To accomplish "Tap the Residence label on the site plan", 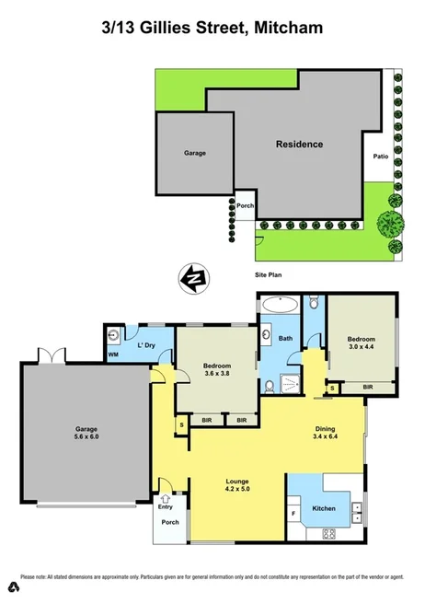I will [299, 145].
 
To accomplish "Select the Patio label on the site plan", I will [380, 157].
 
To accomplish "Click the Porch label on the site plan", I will [245, 206].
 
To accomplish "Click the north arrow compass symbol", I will [194, 277].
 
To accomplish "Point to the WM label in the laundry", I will [113, 354].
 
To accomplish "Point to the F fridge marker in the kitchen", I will [293, 512].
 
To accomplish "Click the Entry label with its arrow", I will [165, 504].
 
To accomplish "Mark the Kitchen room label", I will [324, 508].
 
